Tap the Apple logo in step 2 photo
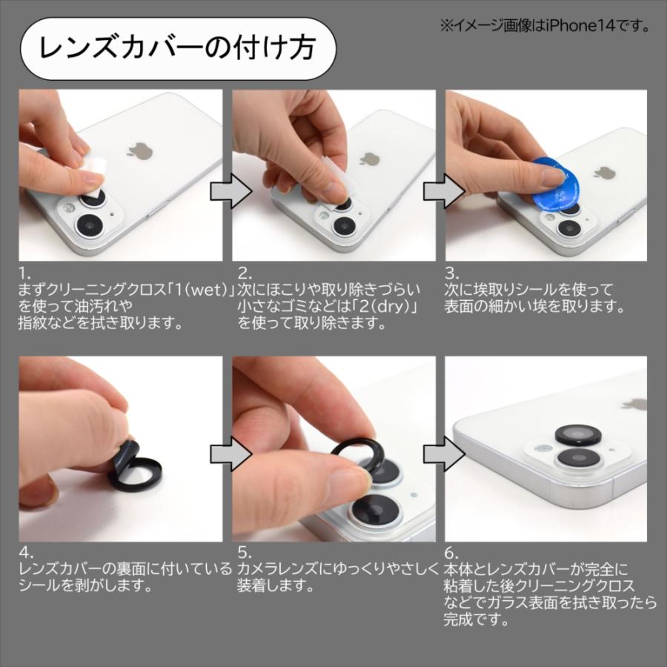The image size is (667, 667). tap(369, 159)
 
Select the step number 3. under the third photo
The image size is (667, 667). tap(451, 273)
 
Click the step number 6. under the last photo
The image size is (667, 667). tap(451, 552)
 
